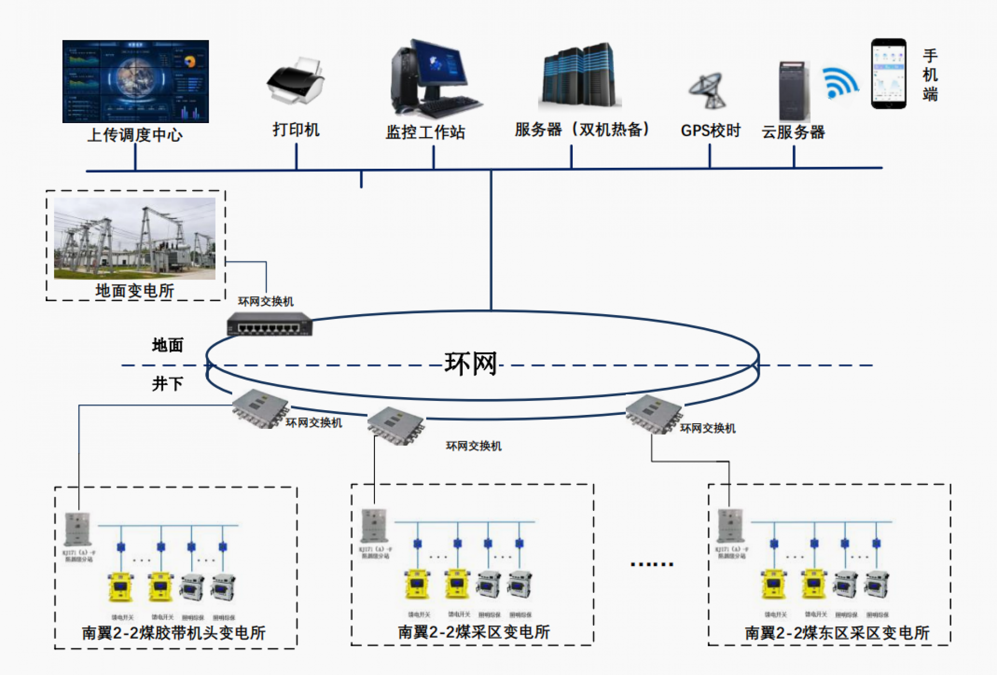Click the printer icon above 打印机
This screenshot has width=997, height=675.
tap(295, 82)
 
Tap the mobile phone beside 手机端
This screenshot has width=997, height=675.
tap(888, 74)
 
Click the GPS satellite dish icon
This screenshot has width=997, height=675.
tap(707, 90)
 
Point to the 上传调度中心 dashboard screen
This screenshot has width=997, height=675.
tap(136, 82)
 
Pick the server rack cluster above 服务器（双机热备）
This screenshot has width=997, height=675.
tap(579, 76)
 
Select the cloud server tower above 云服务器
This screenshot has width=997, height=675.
tap(793, 91)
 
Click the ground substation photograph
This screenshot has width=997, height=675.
tap(134, 238)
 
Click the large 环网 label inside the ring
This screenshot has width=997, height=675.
tap(470, 363)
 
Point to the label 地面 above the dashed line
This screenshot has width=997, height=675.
tap(167, 345)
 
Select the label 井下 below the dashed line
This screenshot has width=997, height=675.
tap(167, 384)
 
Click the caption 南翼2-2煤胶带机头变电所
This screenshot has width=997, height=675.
tap(173, 633)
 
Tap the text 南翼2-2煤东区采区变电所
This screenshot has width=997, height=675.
tap(837, 633)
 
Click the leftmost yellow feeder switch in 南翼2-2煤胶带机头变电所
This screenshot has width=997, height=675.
tap(120, 587)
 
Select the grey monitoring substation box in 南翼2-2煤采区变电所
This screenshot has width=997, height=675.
tap(374, 525)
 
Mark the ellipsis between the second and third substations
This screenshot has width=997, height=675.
tap(652, 564)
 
